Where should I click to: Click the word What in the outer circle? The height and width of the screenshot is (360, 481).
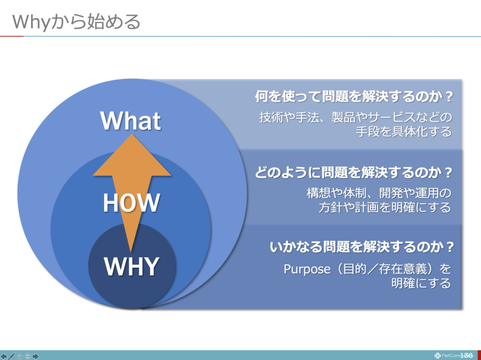point(131,121)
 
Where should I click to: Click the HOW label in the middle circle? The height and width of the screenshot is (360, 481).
point(132,203)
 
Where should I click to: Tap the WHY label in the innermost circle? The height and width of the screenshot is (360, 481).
point(132,267)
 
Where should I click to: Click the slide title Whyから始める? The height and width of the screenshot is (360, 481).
point(76,22)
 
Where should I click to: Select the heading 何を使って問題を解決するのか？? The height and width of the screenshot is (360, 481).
point(354,97)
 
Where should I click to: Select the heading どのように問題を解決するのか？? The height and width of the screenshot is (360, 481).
point(354,173)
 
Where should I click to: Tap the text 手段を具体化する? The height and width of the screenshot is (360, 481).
point(403,131)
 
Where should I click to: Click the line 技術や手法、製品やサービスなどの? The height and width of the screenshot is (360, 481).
point(356,117)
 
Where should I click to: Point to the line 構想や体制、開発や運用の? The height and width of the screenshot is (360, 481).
point(379,193)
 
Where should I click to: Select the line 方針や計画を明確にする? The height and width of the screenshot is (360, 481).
point(385,207)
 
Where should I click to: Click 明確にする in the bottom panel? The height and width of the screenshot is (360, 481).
point(421,283)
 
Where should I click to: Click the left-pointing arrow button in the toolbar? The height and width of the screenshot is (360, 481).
point(4,356)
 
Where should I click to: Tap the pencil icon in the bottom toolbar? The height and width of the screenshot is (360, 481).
point(12,356)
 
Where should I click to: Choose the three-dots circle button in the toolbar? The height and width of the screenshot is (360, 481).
point(28,356)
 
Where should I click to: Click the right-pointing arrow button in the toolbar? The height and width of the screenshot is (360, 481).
point(36,356)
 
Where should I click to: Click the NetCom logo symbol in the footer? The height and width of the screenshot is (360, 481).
point(438,356)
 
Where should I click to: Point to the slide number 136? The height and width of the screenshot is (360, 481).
point(466,355)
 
